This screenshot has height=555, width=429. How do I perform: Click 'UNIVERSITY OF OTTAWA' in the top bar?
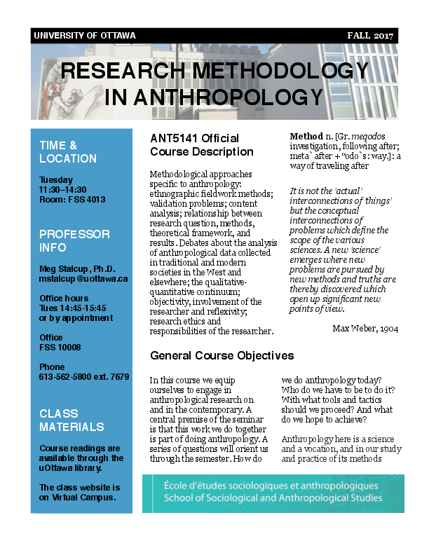click(x=85, y=36)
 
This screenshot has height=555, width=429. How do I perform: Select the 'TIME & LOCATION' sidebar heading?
click(x=68, y=152)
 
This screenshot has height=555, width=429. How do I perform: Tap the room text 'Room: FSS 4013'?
click(x=72, y=200)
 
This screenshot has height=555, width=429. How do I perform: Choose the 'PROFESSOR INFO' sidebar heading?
click(x=74, y=240)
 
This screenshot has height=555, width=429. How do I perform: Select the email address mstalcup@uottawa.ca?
click(x=83, y=279)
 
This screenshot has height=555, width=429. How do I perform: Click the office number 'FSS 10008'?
click(x=60, y=347)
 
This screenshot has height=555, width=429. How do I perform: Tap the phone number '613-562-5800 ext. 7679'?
click(x=84, y=376)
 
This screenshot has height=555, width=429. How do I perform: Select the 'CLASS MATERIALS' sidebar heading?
click(x=71, y=420)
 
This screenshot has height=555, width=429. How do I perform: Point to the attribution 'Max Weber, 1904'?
click(x=365, y=329)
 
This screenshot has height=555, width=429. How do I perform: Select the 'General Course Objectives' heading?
click(x=222, y=355)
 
